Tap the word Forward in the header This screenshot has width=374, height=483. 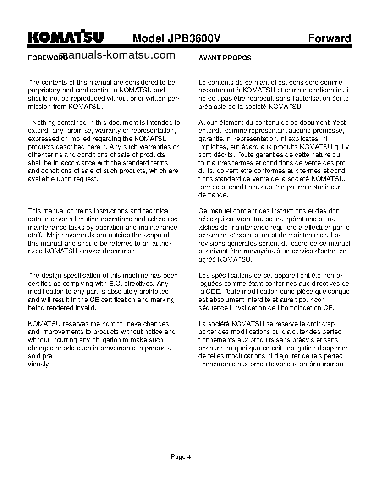(x=329, y=38)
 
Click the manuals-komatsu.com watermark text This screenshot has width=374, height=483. (x=117, y=55)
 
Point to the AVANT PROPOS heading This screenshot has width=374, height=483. (x=225, y=59)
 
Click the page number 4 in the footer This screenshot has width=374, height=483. (x=189, y=456)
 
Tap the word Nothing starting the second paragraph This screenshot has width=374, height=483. (x=45, y=123)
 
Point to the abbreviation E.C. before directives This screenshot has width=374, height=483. (x=116, y=284)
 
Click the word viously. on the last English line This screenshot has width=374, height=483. (x=39, y=364)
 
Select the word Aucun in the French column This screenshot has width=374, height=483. (x=208, y=123)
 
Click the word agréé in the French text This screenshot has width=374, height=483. (x=207, y=259)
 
